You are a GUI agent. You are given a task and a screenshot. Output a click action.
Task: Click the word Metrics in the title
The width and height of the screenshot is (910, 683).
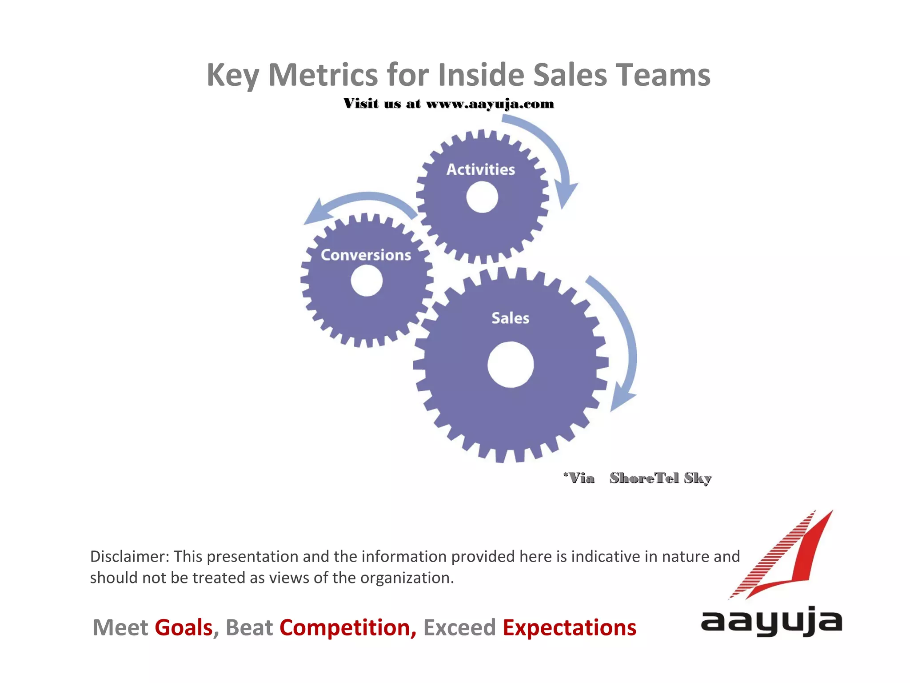coord(323,75)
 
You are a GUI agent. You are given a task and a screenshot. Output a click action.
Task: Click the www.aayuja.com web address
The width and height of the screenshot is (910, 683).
coord(490,104)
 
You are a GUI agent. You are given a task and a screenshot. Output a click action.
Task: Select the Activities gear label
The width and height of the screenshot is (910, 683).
coord(481,169)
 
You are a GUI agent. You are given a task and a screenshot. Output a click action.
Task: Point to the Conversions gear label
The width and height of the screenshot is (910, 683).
coord(366,255)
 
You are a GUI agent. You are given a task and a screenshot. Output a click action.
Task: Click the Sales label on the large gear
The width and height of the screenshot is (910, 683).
coord(510,318)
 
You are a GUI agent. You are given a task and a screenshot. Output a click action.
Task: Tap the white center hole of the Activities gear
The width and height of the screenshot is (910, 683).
coord(482,197)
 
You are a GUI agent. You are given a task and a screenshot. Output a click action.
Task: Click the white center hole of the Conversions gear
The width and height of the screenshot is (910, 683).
coord(367,281)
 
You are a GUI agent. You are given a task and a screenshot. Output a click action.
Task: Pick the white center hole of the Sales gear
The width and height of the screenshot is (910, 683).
coord(511,365)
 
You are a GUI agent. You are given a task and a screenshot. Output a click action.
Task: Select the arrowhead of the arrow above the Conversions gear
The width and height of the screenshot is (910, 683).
coord(316,213)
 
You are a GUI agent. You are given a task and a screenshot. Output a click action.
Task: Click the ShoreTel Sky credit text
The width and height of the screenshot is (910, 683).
coord(660,478)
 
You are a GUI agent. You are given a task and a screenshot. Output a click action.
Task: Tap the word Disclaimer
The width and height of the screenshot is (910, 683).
coord(128,556)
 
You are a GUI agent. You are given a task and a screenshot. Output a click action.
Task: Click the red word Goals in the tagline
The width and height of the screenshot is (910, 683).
coord(184,627)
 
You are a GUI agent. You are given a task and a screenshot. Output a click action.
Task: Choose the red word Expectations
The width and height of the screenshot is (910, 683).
coord(569,627)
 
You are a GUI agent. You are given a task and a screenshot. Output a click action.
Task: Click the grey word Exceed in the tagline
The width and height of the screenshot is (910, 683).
coord(459,627)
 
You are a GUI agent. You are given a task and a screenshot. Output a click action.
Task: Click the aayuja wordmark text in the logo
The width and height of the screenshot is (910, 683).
coord(771,621)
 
